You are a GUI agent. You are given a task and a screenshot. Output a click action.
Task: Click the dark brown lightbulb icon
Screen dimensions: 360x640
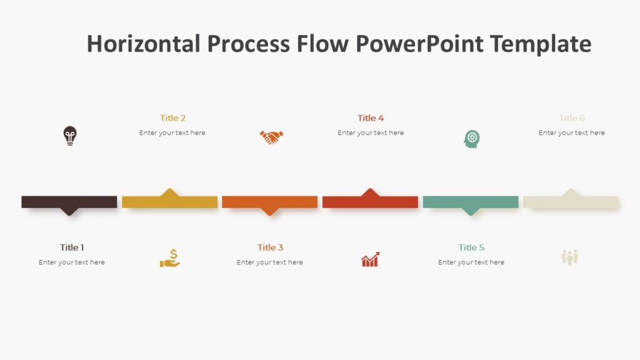[70, 136]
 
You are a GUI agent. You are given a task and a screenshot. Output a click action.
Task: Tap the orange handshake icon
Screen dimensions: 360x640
[271, 137]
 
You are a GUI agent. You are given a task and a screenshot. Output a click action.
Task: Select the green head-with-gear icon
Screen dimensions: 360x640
[472, 139]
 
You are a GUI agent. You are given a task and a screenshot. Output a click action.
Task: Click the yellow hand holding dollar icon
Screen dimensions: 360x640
[170, 258]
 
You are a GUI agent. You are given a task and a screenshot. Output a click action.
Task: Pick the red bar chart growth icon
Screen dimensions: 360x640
[370, 259]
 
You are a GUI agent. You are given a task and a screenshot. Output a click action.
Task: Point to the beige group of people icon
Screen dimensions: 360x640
[569, 257]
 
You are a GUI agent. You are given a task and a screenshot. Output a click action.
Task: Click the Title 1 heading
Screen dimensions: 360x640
[72, 247]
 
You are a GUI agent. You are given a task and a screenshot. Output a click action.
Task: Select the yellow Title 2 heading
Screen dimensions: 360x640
[172, 118]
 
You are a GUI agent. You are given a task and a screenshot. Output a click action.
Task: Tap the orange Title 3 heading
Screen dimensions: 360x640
[270, 247]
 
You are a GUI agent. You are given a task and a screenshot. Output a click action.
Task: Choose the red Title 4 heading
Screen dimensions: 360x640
[371, 118]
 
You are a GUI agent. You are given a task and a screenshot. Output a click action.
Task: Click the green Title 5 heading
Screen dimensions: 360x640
[471, 247]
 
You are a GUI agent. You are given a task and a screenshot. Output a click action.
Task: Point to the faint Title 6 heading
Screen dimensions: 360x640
[572, 118]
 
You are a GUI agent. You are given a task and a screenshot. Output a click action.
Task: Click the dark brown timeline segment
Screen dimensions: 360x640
[69, 202]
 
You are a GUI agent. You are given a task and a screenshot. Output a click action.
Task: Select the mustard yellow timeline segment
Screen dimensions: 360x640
[169, 202]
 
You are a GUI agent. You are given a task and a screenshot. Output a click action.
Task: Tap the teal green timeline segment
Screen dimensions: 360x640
[471, 202]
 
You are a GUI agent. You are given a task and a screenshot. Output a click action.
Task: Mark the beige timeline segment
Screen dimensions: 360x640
[571, 202]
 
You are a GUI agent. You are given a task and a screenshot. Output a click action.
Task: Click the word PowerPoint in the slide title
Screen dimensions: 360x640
[419, 44]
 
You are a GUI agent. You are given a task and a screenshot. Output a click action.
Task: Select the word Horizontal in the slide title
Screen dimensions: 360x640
[143, 44]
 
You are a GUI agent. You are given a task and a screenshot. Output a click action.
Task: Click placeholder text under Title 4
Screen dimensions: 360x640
[371, 133]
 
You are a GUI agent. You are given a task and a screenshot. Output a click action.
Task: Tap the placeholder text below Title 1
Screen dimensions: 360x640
[72, 262]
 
